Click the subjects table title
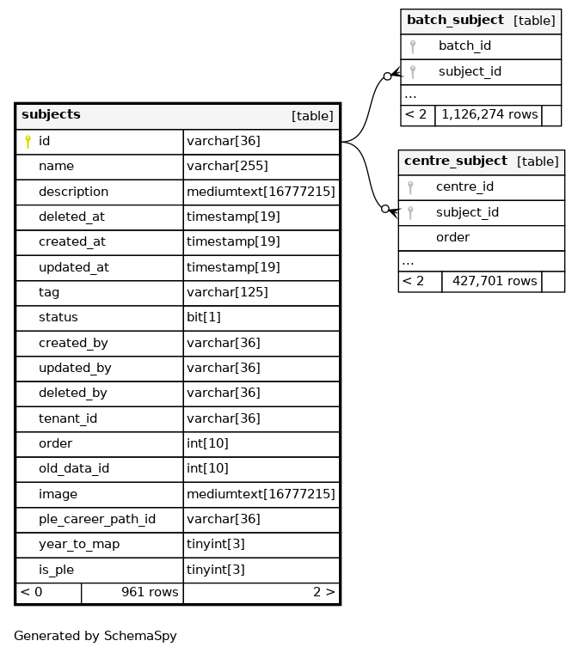coord(51,115)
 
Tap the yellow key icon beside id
coord(28,142)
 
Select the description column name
coord(73,192)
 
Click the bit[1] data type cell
coord(204,318)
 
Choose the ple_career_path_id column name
coord(96,520)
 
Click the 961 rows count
coord(150,592)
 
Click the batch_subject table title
coord(455,21)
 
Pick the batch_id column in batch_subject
coord(464,46)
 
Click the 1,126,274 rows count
coord(489,114)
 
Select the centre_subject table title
coord(455,162)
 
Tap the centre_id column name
coord(464,187)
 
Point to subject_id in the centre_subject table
coord(467,212)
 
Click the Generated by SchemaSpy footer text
coord(95,637)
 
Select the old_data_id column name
coord(73,469)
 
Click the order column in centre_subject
coord(452,238)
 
